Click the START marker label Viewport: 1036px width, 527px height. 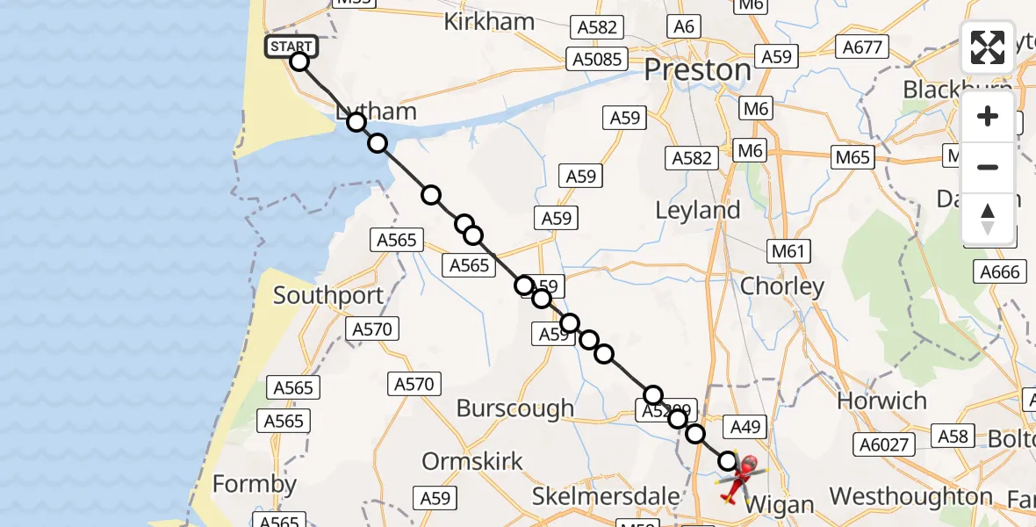point(291,47)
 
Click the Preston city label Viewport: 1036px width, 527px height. point(697,69)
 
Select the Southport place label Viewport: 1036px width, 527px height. point(328,295)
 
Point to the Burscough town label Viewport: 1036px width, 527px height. point(515,408)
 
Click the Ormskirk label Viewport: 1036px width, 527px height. point(472,461)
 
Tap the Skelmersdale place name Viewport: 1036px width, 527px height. point(606,496)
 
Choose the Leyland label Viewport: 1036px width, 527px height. point(699,211)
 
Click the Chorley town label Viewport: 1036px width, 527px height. point(782,286)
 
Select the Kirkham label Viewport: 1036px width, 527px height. point(489,22)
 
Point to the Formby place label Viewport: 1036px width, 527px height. point(255,485)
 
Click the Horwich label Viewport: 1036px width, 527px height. point(881,401)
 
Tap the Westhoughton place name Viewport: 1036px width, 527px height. point(910,497)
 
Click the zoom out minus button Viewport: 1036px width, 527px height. point(988,167)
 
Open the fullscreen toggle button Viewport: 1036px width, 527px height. point(988,47)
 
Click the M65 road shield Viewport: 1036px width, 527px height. point(853,157)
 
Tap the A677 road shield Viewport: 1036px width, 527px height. point(862,47)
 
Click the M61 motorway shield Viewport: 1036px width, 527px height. point(788,252)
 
